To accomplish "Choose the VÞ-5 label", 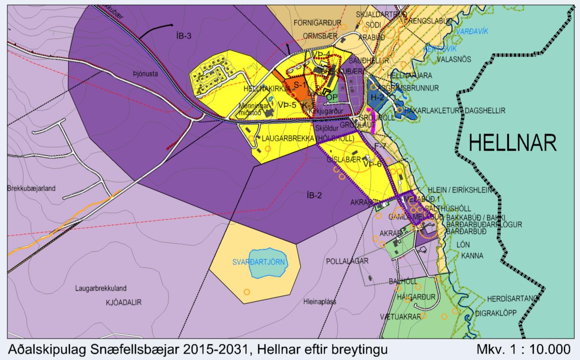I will tap(287, 105).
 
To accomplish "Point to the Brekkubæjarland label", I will tap(28, 189).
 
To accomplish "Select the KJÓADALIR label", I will tap(124, 302).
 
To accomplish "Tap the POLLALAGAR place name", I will tap(347, 261).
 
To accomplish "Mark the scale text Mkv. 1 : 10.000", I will tap(523, 350).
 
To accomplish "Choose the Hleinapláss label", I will tap(321, 301).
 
